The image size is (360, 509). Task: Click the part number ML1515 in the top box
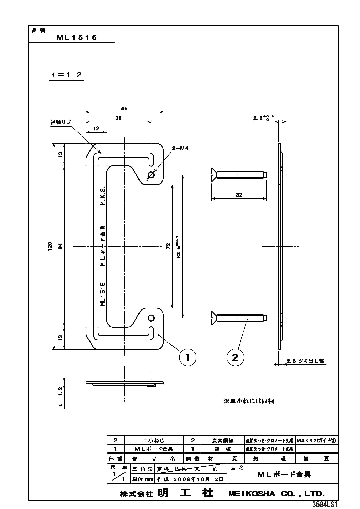pos(77,38)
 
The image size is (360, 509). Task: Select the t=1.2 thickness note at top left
pos(67,75)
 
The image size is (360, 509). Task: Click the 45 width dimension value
pos(124,109)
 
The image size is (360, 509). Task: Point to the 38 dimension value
pos(118,118)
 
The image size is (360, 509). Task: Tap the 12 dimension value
pos(96,128)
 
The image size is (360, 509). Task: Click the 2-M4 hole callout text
pos(180,148)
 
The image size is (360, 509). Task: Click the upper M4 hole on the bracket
pos(151,175)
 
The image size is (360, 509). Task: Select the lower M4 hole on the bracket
pos(151,318)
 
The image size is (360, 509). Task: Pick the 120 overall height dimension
pos(50,246)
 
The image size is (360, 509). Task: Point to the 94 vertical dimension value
pos(60,246)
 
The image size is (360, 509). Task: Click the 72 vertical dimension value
pos(168,246)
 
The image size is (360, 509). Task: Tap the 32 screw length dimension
pos(239,195)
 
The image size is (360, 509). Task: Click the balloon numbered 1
pos(187,357)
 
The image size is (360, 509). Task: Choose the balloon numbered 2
pos(235,357)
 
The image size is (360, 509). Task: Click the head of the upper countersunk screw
pos(213,175)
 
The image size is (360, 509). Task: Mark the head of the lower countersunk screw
pos(213,318)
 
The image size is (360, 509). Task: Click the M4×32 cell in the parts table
pos(316,440)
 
